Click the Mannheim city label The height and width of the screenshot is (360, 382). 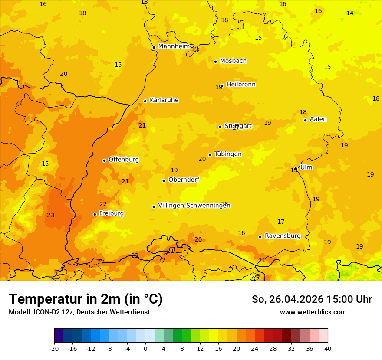174,46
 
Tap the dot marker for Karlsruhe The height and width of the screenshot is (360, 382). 145,101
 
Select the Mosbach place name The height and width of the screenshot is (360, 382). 233,61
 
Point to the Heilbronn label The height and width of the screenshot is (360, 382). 241,85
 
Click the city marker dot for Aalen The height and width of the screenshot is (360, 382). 305,120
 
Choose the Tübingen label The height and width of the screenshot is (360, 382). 228,154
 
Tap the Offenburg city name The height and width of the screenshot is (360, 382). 124,160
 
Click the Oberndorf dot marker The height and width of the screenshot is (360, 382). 164,180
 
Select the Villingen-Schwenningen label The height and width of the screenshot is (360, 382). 194,206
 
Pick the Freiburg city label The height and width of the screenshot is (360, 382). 111,213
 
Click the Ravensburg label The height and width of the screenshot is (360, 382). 283,236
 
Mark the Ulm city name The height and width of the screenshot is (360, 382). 306,167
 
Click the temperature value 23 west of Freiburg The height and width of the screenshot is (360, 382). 51,216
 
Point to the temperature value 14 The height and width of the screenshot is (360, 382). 350,13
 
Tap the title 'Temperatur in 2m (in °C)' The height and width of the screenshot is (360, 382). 86,299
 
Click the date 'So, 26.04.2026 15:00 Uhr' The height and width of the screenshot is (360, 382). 312,299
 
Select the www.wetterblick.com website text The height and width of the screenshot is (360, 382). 313,312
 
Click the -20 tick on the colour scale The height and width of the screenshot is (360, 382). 54,348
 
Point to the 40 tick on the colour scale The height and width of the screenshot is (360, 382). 328,348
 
